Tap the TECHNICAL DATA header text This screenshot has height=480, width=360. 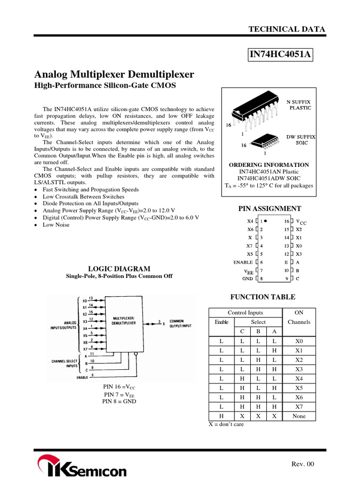point(286,29)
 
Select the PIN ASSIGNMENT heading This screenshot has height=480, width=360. point(270,209)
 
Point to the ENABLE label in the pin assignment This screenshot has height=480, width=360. point(243,262)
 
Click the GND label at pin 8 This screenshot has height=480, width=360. point(247,278)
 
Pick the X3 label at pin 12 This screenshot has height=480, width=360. point(299,254)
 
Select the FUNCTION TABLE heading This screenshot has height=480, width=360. point(262,297)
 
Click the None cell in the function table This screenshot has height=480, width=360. point(299,416)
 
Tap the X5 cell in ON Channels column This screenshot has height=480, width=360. point(299,388)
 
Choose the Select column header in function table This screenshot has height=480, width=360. point(258,322)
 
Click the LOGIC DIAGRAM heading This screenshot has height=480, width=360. point(120,269)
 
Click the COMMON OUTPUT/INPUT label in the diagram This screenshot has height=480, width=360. point(180,323)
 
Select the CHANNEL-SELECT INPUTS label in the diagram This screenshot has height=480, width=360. point(65,363)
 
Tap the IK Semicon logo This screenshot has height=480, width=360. point(82,469)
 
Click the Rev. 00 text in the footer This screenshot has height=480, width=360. point(303,464)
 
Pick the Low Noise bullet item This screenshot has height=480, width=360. point(56,225)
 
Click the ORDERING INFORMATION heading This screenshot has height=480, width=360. point(269,165)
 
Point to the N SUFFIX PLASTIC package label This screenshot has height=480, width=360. point(300,105)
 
